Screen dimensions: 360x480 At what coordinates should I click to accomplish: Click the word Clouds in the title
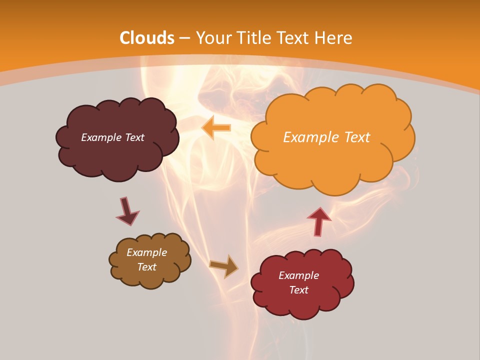click(x=147, y=38)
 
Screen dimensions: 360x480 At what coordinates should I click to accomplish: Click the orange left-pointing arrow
click(x=216, y=127)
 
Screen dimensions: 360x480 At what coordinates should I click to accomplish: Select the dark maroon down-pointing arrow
click(x=127, y=211)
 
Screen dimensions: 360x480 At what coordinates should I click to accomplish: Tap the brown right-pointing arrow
click(x=224, y=266)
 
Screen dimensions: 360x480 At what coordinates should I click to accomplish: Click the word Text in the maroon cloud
click(x=134, y=137)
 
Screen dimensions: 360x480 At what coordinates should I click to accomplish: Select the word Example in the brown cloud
click(x=146, y=252)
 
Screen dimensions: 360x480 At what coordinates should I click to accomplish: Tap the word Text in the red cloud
click(x=298, y=290)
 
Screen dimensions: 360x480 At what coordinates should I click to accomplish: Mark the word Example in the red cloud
click(x=298, y=275)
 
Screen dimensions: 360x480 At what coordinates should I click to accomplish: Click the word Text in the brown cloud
click(x=146, y=267)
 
